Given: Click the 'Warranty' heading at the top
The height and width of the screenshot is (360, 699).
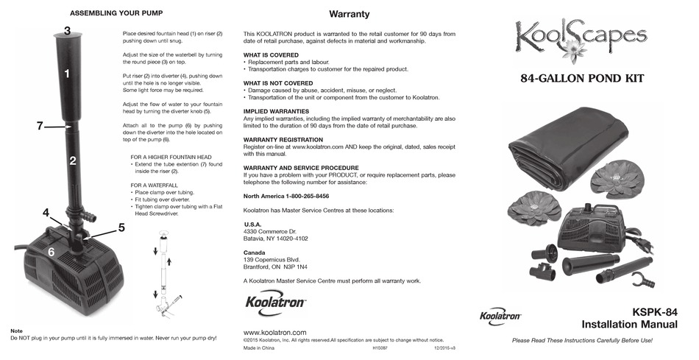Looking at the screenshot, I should [x=349, y=14].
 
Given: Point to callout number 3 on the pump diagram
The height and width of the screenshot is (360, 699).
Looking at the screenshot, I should [x=67, y=31].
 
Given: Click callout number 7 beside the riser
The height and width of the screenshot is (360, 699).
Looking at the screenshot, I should [x=40, y=126].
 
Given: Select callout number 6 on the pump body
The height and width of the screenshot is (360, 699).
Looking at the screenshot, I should [x=51, y=252].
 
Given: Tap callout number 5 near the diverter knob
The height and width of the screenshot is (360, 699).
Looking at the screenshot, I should [x=121, y=227].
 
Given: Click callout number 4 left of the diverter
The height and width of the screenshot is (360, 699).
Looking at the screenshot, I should [x=46, y=213].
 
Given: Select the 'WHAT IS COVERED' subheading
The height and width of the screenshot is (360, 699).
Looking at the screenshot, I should [x=271, y=55].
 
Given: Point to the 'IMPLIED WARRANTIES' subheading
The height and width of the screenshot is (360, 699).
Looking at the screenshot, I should [x=277, y=111].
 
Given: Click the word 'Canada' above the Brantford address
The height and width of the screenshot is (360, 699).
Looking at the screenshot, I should [x=254, y=253].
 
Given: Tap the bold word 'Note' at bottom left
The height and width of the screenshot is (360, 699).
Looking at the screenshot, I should [x=17, y=331].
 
